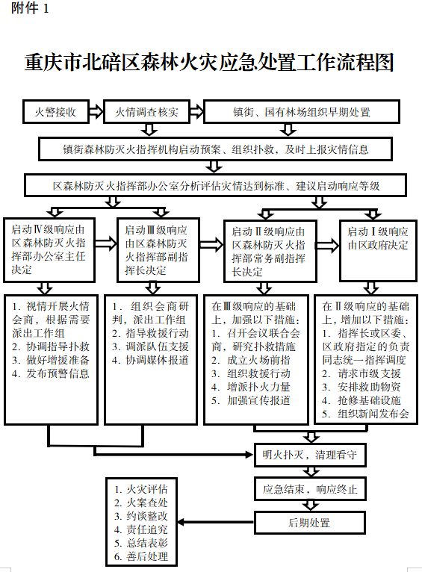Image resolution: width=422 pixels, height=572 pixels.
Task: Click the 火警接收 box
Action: tap(56, 111)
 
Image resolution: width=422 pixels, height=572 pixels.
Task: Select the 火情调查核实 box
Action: tap(146, 111)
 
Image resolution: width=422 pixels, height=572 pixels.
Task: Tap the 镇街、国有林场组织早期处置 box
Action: tap(301, 111)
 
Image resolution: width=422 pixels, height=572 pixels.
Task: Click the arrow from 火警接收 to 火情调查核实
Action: tap(96, 111)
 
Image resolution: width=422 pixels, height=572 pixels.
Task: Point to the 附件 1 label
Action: tap(30, 8)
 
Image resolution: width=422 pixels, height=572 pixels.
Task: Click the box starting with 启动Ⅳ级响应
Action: tap(49, 250)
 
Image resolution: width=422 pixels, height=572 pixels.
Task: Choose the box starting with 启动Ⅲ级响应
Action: tap(158, 250)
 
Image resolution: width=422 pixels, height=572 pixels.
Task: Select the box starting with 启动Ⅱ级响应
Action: tap(270, 251)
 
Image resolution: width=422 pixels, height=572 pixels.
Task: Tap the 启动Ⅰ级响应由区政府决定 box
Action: tap(378, 251)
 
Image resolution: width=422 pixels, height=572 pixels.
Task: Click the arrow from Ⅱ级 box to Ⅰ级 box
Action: tap(328, 245)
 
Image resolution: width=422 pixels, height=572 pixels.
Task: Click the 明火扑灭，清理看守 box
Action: tap(310, 455)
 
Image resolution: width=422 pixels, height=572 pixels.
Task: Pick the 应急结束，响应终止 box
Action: tap(310, 489)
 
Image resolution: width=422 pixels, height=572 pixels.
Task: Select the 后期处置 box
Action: tap(310, 523)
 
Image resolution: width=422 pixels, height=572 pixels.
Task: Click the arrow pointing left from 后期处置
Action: tap(216, 523)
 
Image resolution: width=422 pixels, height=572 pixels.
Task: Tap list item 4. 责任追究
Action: tap(140, 529)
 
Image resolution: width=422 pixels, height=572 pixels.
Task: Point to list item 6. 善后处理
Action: tap(140, 556)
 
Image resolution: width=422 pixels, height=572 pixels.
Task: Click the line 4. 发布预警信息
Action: tap(51, 373)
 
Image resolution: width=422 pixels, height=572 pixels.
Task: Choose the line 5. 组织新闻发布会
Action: tap(365, 414)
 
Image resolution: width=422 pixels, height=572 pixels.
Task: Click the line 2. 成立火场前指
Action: tap(251, 361)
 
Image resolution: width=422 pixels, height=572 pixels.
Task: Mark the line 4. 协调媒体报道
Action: tap(150, 361)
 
